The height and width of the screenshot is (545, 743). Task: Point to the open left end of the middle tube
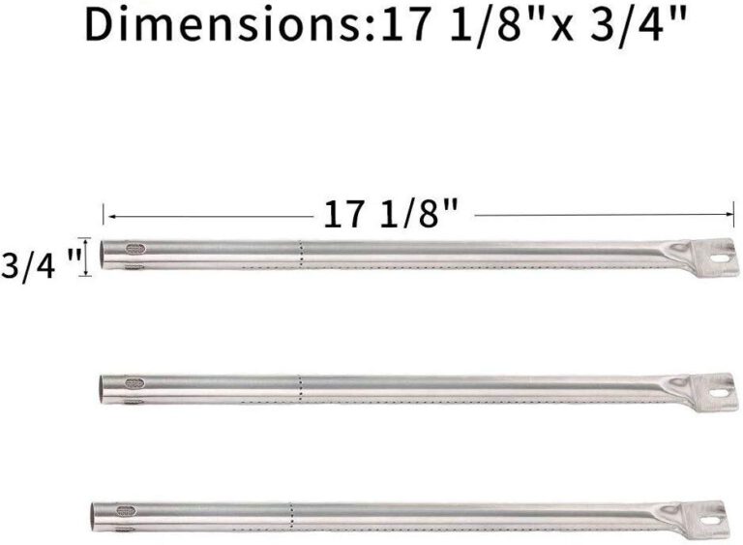pyautogui.click(x=103, y=389)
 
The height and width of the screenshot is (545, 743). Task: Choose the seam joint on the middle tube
pyautogui.click(x=300, y=386)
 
